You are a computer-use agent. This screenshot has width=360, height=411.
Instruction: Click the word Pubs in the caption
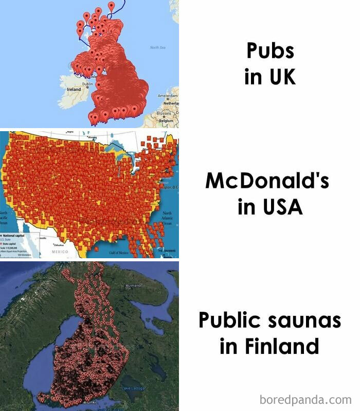270,51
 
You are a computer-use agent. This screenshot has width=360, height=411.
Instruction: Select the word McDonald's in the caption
267,181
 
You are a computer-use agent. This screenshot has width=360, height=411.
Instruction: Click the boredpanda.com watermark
305,399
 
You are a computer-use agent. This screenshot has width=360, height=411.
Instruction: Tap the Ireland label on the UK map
74,90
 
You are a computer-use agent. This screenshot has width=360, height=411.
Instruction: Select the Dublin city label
87,83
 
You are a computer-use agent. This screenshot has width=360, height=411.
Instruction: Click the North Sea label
157,47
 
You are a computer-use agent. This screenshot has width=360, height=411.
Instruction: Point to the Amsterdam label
168,96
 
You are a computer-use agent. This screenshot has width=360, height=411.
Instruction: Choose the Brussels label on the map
163,113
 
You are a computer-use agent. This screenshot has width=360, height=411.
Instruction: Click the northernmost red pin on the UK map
111,5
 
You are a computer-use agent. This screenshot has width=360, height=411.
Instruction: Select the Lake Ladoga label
133,387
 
